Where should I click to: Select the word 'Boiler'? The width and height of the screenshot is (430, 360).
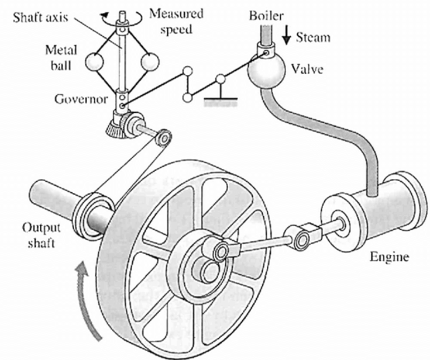[x=267, y=12]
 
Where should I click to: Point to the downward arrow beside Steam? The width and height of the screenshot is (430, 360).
[x=287, y=36]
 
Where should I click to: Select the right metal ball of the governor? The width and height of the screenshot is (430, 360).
[x=150, y=61]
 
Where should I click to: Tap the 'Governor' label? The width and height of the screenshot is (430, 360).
[x=81, y=99]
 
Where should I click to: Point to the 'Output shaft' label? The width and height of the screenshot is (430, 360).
[x=39, y=234]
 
